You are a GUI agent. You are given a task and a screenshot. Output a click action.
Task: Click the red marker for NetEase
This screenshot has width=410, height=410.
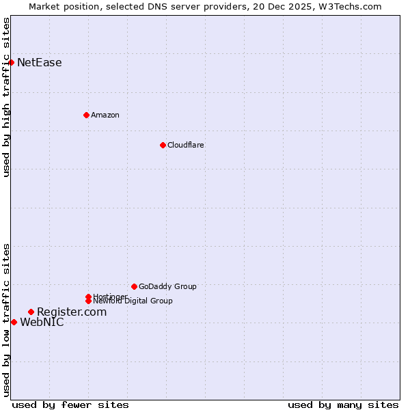click(11, 63)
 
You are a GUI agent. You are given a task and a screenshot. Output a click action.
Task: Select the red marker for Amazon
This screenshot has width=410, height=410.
click(86, 115)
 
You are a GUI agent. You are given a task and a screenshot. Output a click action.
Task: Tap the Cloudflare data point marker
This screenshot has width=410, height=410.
click(163, 145)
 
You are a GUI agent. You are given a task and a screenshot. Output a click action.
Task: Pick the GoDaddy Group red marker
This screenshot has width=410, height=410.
click(134, 286)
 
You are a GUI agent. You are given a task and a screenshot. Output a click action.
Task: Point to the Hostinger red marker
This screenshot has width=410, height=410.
click(88, 297)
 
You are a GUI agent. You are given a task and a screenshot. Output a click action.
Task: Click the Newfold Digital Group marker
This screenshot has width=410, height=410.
click(88, 301)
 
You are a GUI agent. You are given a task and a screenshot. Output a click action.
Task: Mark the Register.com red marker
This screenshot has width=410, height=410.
click(31, 312)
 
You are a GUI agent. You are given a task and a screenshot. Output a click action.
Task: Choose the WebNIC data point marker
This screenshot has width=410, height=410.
click(14, 322)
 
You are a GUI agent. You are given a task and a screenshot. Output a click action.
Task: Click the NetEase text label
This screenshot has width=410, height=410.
click(40, 63)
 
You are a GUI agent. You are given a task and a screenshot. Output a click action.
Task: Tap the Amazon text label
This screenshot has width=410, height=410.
click(105, 115)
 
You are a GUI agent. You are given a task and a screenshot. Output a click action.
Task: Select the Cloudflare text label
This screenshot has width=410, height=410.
click(186, 145)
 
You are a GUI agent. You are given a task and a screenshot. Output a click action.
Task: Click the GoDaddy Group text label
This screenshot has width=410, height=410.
click(167, 286)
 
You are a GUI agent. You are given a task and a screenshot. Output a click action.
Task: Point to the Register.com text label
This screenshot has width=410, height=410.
click(72, 312)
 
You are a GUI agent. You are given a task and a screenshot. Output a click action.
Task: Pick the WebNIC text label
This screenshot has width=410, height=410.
click(42, 323)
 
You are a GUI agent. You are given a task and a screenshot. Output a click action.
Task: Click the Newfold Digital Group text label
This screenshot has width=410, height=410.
click(133, 301)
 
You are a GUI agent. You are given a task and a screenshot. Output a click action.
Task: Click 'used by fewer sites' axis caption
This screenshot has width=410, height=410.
click(70, 405)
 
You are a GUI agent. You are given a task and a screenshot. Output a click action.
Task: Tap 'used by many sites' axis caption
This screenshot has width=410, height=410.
click(343, 405)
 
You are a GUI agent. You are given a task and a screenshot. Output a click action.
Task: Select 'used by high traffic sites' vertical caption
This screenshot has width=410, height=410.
click(7, 97)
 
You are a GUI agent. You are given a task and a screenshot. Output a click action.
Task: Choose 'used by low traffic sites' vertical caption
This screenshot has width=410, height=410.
click(7, 320)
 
